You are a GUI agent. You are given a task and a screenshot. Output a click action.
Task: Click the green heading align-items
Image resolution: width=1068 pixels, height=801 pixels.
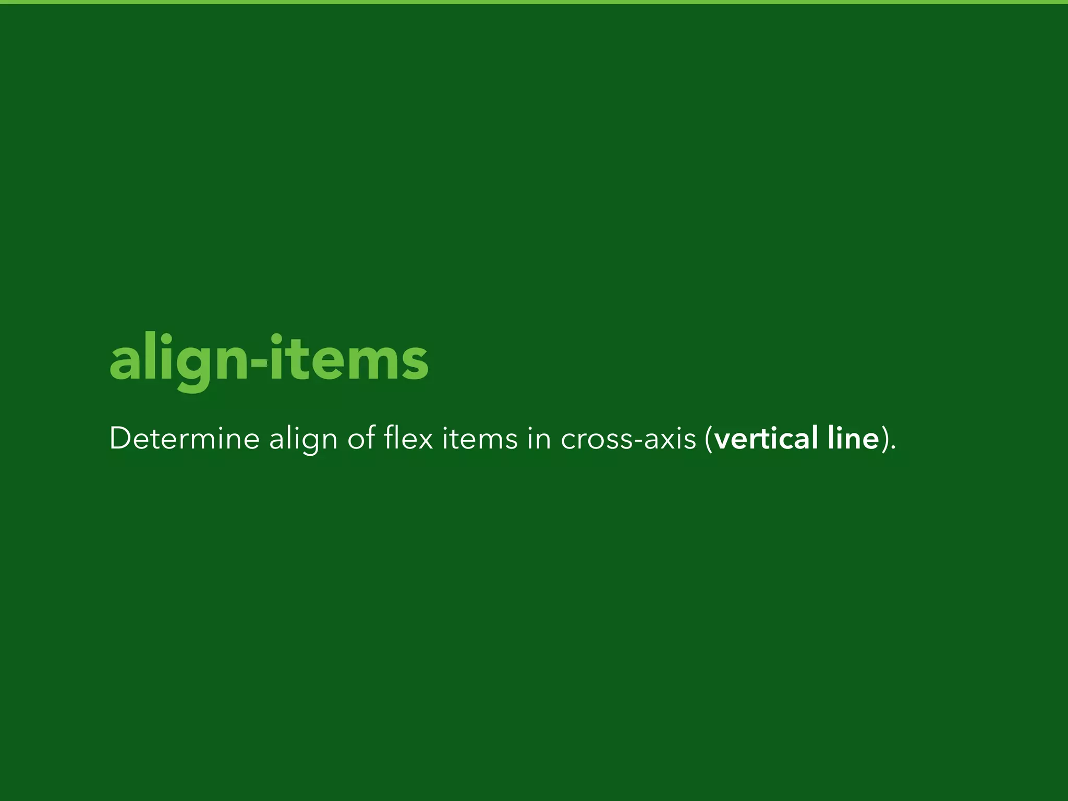click(x=269, y=360)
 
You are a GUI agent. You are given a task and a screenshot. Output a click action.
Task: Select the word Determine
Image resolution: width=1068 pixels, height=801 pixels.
click(x=184, y=438)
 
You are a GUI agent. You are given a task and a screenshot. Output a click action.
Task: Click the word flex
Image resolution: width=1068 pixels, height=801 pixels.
click(x=408, y=438)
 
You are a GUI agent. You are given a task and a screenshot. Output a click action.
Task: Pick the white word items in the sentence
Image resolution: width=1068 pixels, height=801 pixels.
click(x=480, y=438)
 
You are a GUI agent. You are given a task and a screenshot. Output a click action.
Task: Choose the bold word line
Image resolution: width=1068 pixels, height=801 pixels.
click(x=854, y=438)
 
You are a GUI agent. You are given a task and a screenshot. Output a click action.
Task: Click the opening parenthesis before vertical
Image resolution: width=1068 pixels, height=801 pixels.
click(x=708, y=439)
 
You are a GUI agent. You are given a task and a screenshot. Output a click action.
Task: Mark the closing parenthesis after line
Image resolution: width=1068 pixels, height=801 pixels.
click(x=884, y=439)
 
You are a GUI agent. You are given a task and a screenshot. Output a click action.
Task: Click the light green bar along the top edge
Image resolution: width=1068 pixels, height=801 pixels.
click(x=534, y=2)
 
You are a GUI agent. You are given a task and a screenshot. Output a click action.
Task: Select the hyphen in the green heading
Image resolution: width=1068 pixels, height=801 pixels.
click(x=259, y=362)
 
